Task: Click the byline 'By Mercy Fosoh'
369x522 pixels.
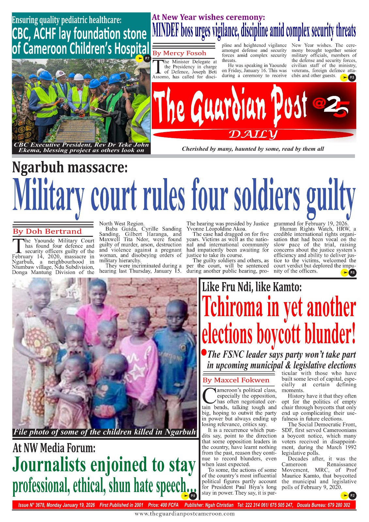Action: [x=179, y=53]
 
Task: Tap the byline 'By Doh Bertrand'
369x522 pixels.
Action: [x=47, y=231]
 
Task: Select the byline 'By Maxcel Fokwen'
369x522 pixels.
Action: [x=236, y=380]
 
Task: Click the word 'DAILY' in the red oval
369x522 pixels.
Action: [x=253, y=134]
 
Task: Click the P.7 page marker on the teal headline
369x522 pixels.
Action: [x=147, y=58]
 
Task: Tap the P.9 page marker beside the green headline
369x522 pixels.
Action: [x=192, y=496]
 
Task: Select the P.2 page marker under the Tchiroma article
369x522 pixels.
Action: [x=352, y=496]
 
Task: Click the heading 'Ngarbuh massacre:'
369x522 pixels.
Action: [x=69, y=168]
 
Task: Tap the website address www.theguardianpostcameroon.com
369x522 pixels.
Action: [x=185, y=514]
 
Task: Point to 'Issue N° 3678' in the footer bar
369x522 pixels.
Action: [x=31, y=505]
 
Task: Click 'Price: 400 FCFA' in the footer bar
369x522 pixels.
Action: [x=163, y=505]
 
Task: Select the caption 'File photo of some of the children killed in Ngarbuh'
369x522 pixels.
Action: [x=104, y=432]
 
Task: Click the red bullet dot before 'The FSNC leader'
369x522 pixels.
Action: [x=204, y=352]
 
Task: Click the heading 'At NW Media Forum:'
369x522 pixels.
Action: [x=54, y=448]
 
